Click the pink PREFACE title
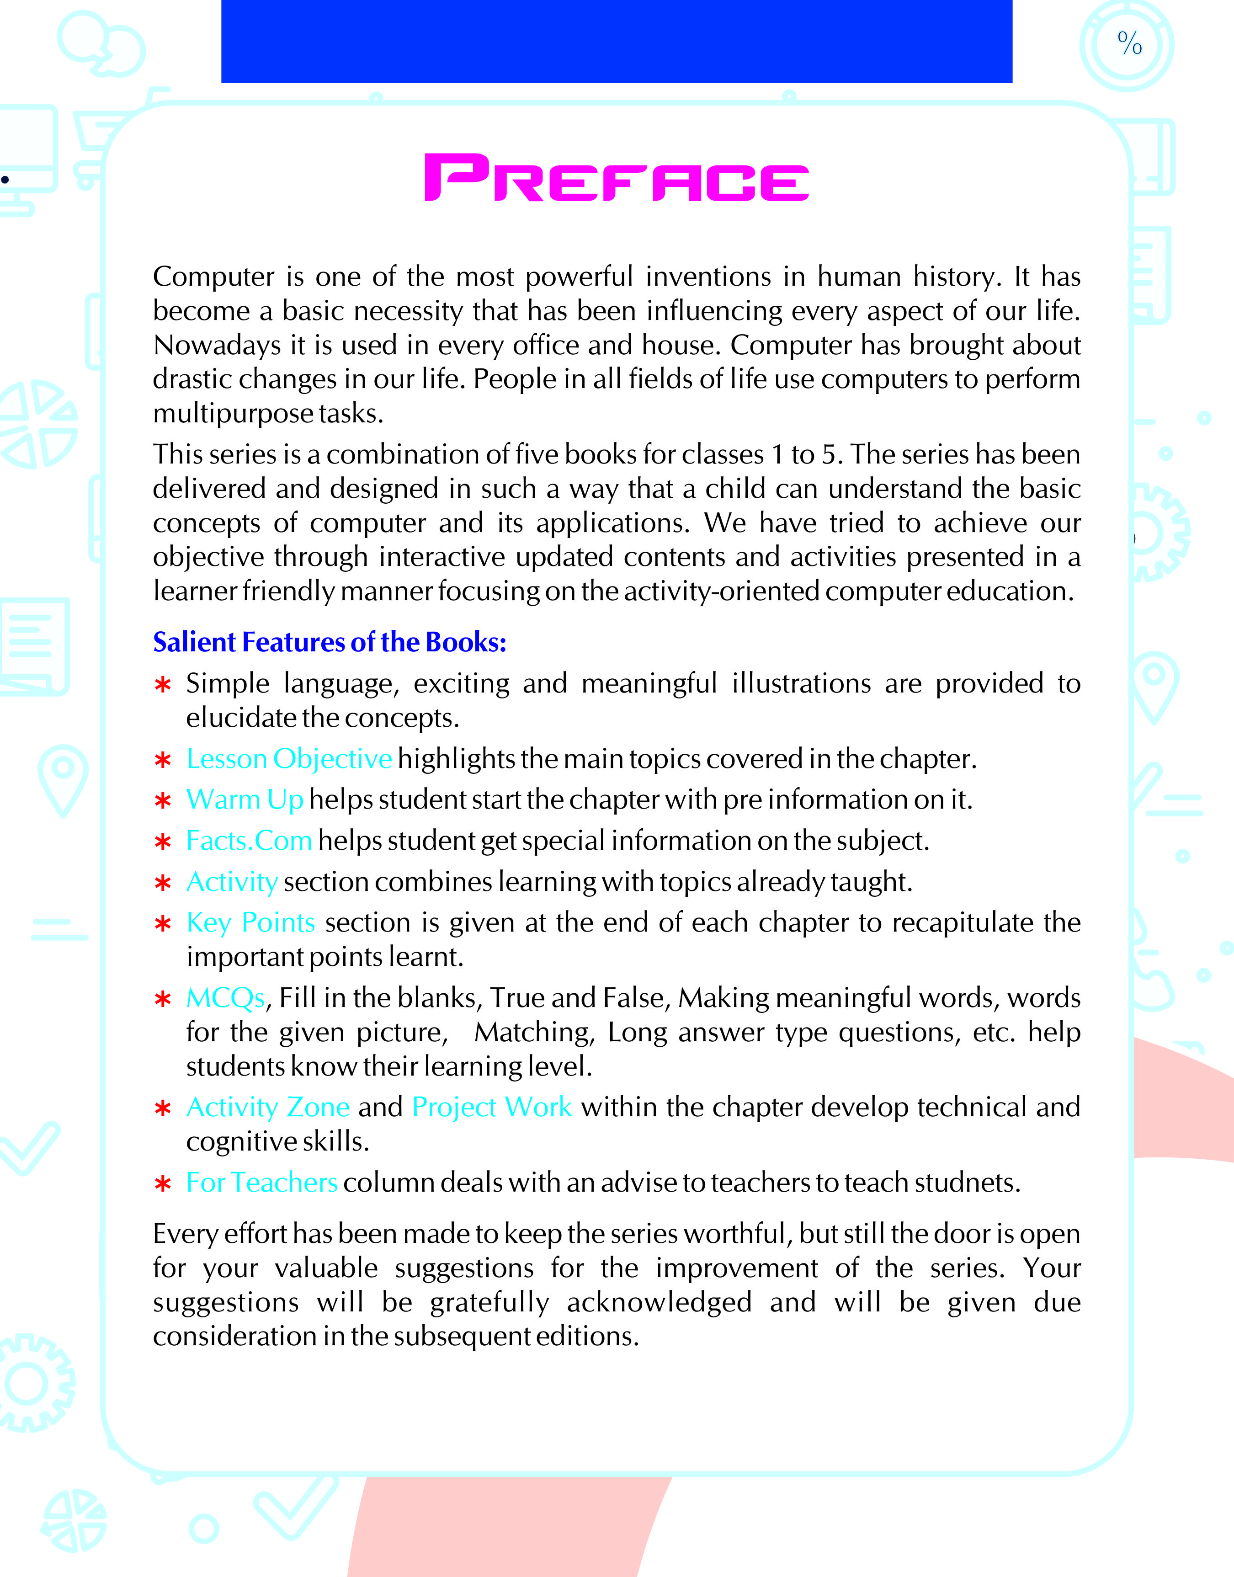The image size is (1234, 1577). (616, 178)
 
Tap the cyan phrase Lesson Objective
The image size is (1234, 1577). (289, 758)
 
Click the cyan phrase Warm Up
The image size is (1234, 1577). (244, 799)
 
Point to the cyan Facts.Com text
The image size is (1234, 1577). (249, 841)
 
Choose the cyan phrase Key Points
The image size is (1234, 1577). (250, 922)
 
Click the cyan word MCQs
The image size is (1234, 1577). (225, 998)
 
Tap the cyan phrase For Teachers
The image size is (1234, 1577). (261, 1183)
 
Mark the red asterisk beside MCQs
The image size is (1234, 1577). (163, 1000)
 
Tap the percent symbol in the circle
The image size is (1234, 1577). (1129, 43)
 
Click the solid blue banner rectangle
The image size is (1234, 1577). (616, 41)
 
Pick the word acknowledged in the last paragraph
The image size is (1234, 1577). (659, 1302)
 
